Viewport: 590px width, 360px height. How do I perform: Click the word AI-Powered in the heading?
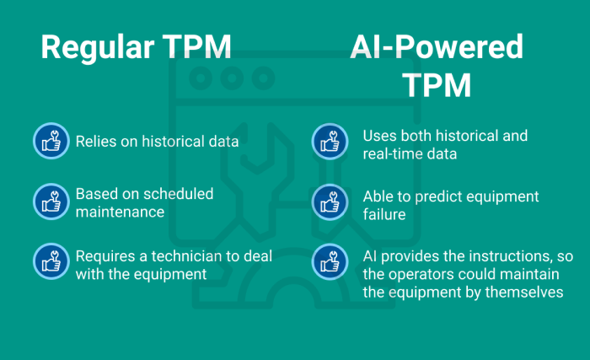[x=437, y=47]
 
